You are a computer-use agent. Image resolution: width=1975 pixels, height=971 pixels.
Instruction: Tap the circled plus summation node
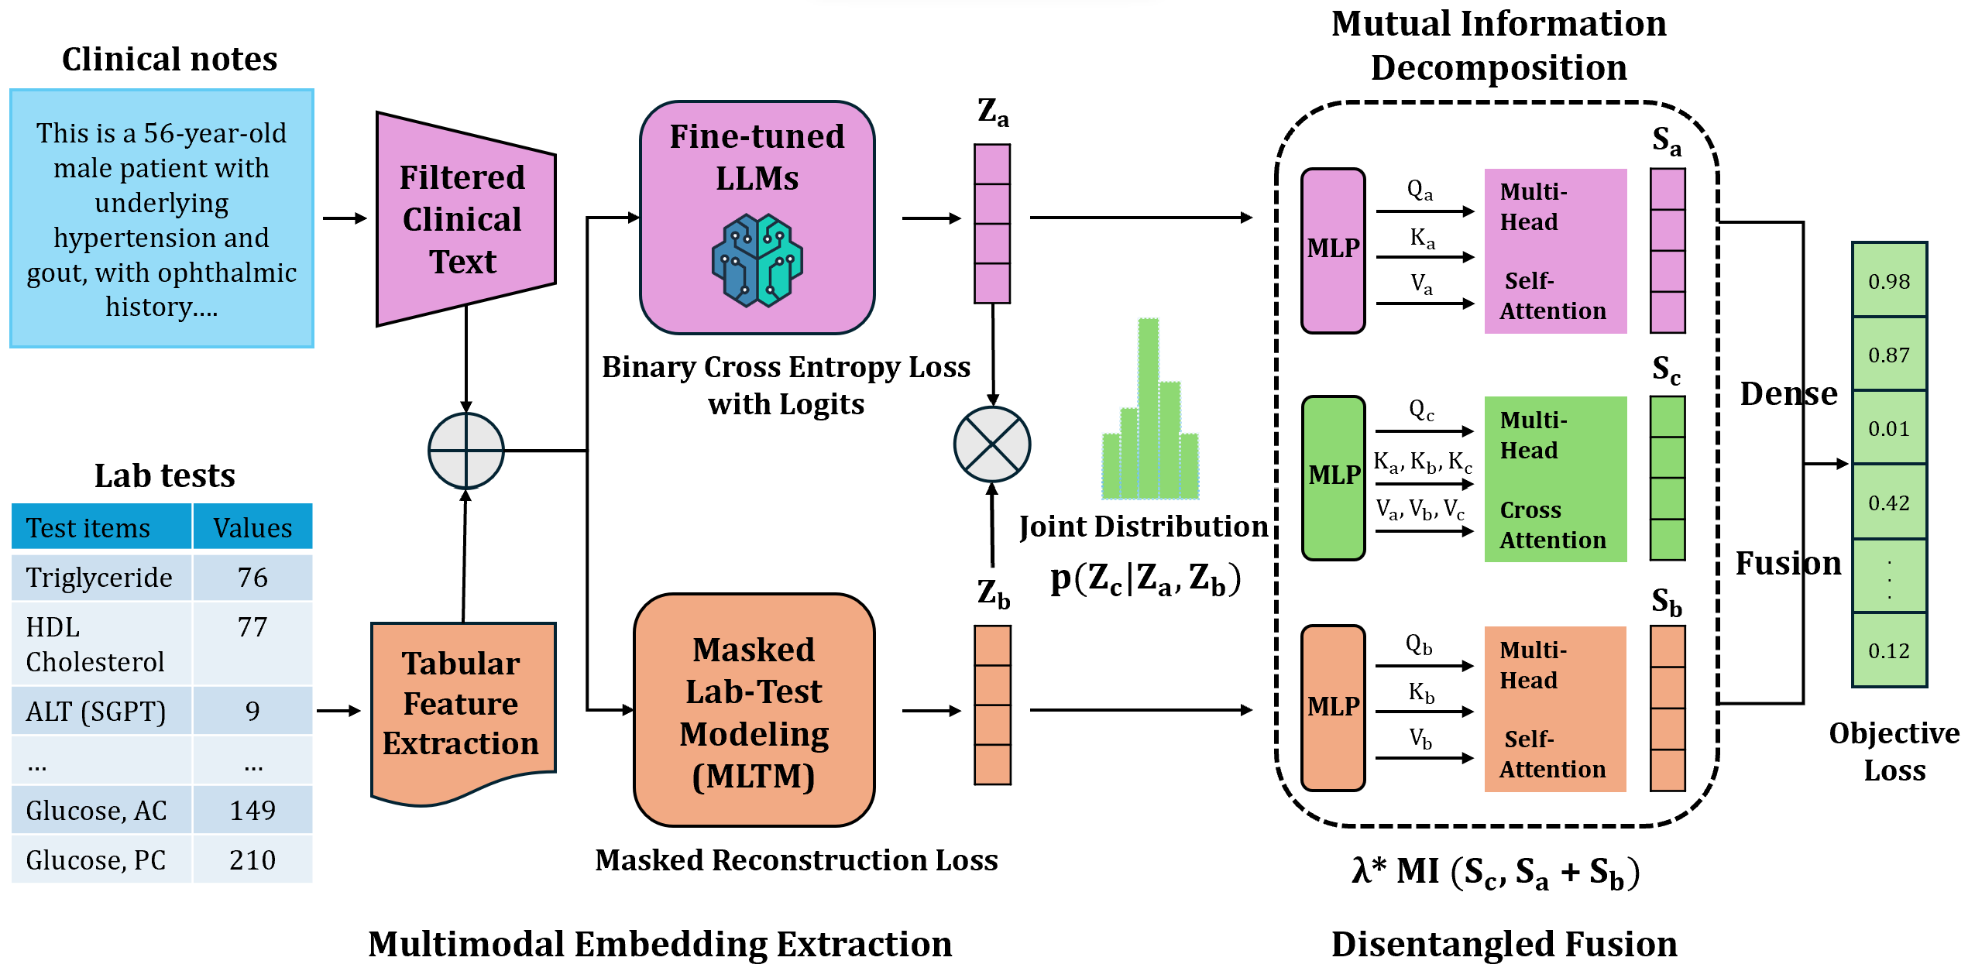tap(466, 451)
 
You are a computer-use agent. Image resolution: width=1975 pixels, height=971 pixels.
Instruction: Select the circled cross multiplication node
tap(992, 444)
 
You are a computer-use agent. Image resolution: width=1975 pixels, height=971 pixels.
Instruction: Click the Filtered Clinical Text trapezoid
tap(465, 219)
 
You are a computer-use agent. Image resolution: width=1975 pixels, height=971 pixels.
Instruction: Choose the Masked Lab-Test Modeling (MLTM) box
tap(754, 710)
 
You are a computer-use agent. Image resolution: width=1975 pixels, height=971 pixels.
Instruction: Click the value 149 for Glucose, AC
tap(252, 810)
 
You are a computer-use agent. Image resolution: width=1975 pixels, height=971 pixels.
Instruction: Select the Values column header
tap(252, 527)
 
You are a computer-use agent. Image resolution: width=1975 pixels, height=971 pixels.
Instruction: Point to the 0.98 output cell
tap(1889, 281)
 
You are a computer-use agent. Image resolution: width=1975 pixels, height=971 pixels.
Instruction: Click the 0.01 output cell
tap(1889, 428)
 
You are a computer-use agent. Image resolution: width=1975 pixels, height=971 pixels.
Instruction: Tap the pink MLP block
tap(1333, 251)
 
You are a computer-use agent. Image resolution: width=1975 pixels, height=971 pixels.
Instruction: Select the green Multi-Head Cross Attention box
tap(1555, 479)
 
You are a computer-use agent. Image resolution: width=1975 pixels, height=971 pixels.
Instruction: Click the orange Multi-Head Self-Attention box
tap(1555, 709)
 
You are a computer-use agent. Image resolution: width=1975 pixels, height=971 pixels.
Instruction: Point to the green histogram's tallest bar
tap(1148, 407)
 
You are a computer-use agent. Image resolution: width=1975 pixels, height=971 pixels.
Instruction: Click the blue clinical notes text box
tap(162, 218)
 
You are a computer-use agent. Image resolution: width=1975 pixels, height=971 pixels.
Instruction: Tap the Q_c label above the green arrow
tap(1421, 410)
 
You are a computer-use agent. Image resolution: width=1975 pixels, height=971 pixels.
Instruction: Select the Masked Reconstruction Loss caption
tap(796, 860)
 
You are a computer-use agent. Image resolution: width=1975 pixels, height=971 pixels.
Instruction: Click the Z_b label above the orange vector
tap(993, 593)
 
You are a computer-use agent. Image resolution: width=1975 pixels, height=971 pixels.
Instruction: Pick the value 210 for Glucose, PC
tap(252, 859)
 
